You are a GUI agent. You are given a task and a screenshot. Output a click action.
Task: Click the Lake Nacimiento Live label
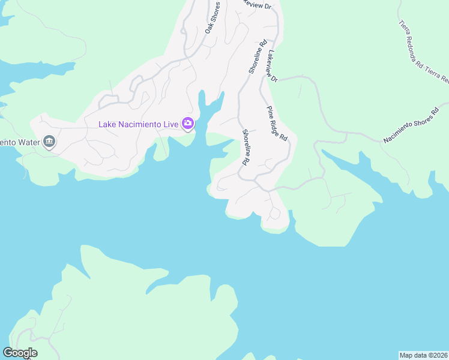(x=139, y=124)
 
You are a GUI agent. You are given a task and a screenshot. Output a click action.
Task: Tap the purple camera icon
(x=188, y=124)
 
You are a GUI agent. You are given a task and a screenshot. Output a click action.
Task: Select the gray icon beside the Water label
(x=49, y=142)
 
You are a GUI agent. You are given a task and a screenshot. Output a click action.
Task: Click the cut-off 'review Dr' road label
(x=256, y=5)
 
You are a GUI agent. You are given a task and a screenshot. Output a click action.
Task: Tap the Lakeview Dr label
(x=273, y=66)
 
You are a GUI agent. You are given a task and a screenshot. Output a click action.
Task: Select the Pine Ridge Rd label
(x=277, y=123)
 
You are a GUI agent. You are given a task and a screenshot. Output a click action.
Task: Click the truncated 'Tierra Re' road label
(x=437, y=74)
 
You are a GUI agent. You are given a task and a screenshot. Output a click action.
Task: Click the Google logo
(x=20, y=352)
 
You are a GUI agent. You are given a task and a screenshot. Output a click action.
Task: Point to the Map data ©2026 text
(x=424, y=355)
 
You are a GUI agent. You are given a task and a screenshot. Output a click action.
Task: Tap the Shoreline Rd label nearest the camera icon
(x=246, y=148)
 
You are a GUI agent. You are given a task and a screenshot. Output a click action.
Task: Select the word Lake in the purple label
(x=109, y=124)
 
